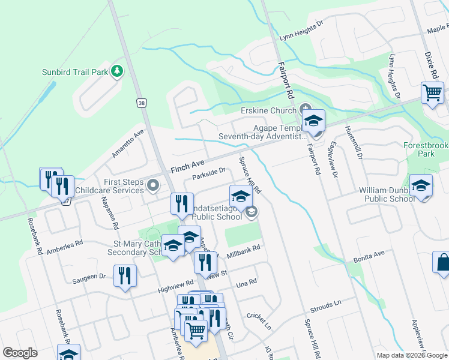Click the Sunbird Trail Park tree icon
[x=118, y=71]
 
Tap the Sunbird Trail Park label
[x=74, y=72]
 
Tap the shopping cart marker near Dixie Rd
[x=432, y=94]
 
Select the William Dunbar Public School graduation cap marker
[x=421, y=185]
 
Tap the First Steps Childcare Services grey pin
[x=154, y=186]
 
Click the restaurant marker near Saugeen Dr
[x=125, y=276]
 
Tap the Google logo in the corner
[x=20, y=353]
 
